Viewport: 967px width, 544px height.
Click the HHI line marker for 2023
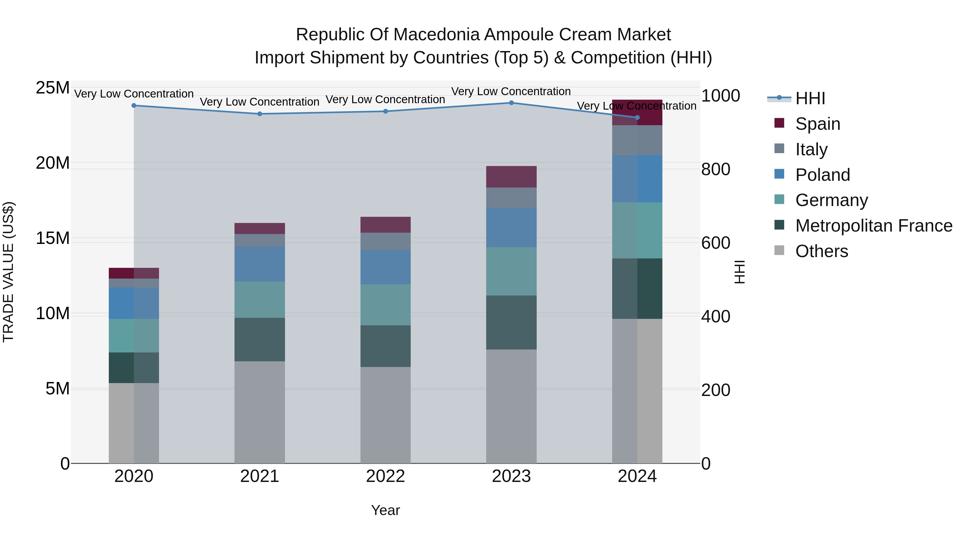(511, 103)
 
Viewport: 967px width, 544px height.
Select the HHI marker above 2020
(134, 106)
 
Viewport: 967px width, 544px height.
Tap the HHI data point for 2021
(260, 114)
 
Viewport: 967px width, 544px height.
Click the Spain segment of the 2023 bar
(511, 176)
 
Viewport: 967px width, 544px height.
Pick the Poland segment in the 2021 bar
(260, 264)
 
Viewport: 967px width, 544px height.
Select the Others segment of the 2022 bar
(385, 415)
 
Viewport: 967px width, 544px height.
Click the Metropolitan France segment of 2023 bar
(511, 322)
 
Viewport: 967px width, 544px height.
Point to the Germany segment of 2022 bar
(385, 304)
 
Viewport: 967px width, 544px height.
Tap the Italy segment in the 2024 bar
(637, 140)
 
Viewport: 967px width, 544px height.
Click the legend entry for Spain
(818, 124)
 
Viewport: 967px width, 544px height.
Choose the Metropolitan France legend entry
(874, 226)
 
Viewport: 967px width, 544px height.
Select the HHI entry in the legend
(810, 98)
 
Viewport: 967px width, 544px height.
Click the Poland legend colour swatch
(779, 174)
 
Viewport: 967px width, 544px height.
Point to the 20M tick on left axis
(53, 163)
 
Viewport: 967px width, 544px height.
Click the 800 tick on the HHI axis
(716, 169)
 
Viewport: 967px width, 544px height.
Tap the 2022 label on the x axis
(385, 476)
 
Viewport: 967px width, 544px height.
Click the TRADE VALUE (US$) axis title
(8, 272)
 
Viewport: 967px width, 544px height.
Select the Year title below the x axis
(385, 510)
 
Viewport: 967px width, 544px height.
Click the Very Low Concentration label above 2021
(260, 102)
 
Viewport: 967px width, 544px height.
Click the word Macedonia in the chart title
(437, 35)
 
